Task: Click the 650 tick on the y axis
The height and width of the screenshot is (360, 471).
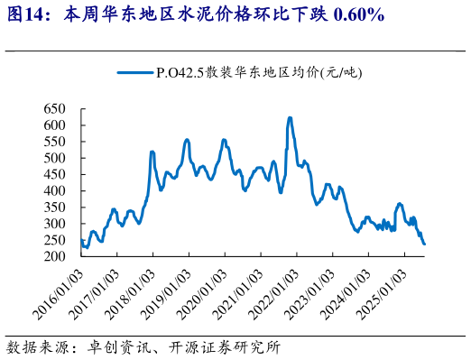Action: (57, 109)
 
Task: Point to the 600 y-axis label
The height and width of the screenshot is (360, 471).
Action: (57, 125)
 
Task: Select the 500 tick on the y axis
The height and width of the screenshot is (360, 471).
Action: (57, 158)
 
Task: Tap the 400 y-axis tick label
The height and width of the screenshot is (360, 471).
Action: (57, 191)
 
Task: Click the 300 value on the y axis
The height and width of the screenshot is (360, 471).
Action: (57, 224)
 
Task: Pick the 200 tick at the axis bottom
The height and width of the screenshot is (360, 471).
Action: (57, 256)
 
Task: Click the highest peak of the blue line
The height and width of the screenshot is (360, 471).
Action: (289, 117)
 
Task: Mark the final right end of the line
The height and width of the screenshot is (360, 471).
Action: (424, 244)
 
